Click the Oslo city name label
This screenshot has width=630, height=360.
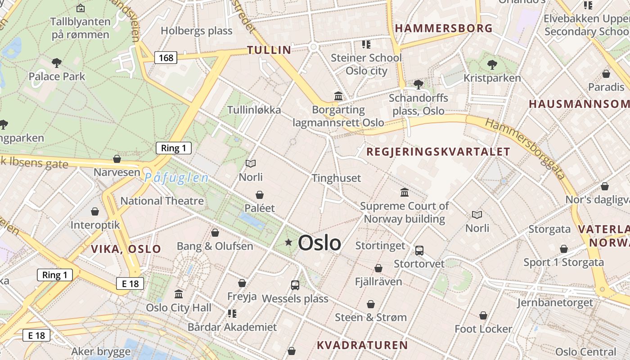click(x=319, y=243)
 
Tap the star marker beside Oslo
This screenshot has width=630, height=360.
click(x=288, y=243)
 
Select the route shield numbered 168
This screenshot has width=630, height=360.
click(x=166, y=58)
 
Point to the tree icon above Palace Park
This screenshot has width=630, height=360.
click(x=57, y=63)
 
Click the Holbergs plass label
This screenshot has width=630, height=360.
click(x=197, y=31)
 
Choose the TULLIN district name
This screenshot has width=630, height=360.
click(x=269, y=50)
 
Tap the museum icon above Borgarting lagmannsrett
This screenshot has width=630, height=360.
click(x=338, y=96)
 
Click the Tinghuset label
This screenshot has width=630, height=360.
click(x=337, y=178)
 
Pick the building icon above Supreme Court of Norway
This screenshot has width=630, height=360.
click(x=405, y=193)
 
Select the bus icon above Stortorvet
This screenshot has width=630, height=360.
click(x=419, y=251)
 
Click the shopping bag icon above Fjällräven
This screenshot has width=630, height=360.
click(x=378, y=268)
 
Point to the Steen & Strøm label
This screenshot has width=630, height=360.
click(x=371, y=317)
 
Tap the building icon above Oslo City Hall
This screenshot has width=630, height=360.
click(x=179, y=294)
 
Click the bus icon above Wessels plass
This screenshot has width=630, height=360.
click(x=295, y=285)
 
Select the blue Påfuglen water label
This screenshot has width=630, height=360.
click(x=176, y=178)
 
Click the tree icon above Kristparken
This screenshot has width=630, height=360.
click(x=492, y=65)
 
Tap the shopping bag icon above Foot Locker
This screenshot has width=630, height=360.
click(x=483, y=315)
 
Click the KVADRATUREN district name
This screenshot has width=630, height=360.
click(x=362, y=345)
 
